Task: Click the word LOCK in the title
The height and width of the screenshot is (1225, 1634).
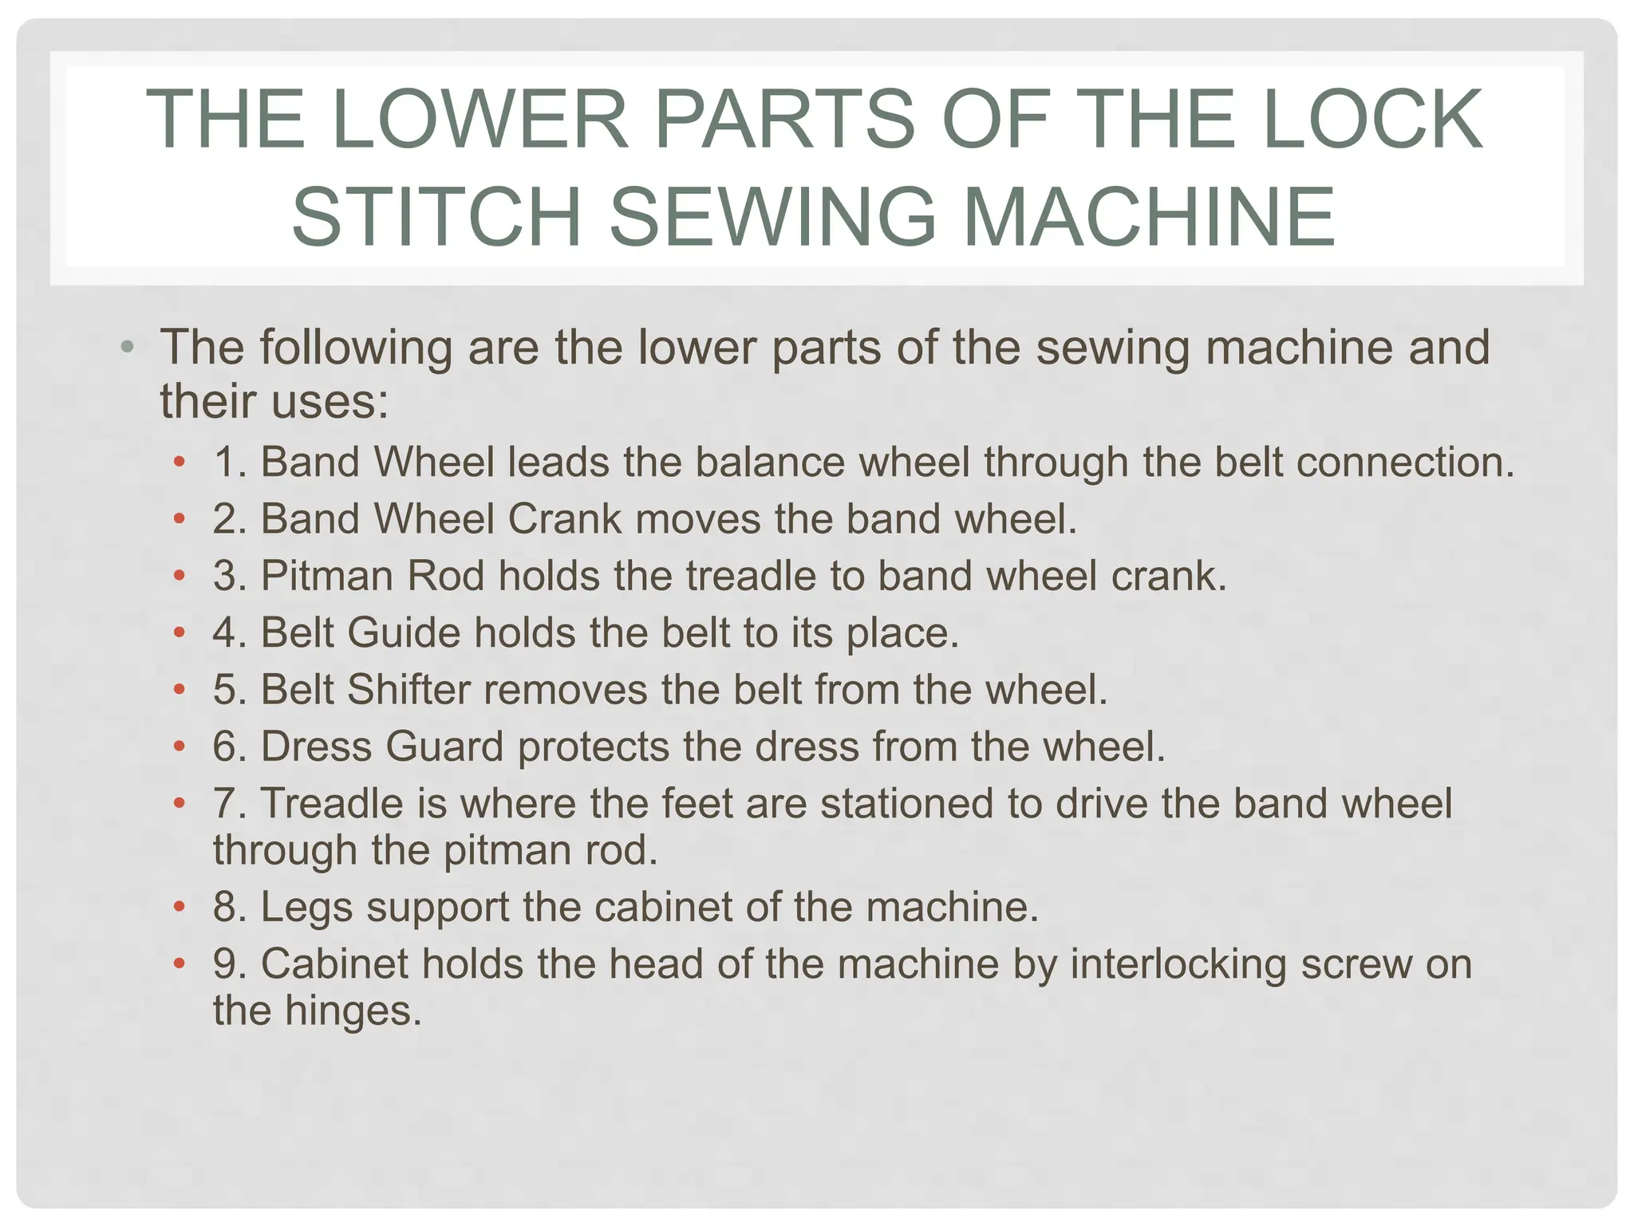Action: [x=1372, y=120]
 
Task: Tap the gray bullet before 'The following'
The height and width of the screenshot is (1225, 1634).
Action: [x=127, y=348]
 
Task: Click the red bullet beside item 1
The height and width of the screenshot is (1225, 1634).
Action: [x=180, y=462]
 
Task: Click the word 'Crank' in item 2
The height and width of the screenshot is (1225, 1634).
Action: [x=564, y=519]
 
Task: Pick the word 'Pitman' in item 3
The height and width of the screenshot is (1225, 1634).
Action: [x=327, y=576]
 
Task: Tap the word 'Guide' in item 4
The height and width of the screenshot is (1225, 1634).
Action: [x=404, y=633]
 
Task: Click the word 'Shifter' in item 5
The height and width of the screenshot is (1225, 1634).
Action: [x=408, y=690]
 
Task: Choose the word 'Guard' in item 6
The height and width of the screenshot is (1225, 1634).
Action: [x=444, y=747]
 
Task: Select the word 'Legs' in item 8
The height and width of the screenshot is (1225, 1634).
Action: [x=306, y=908]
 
